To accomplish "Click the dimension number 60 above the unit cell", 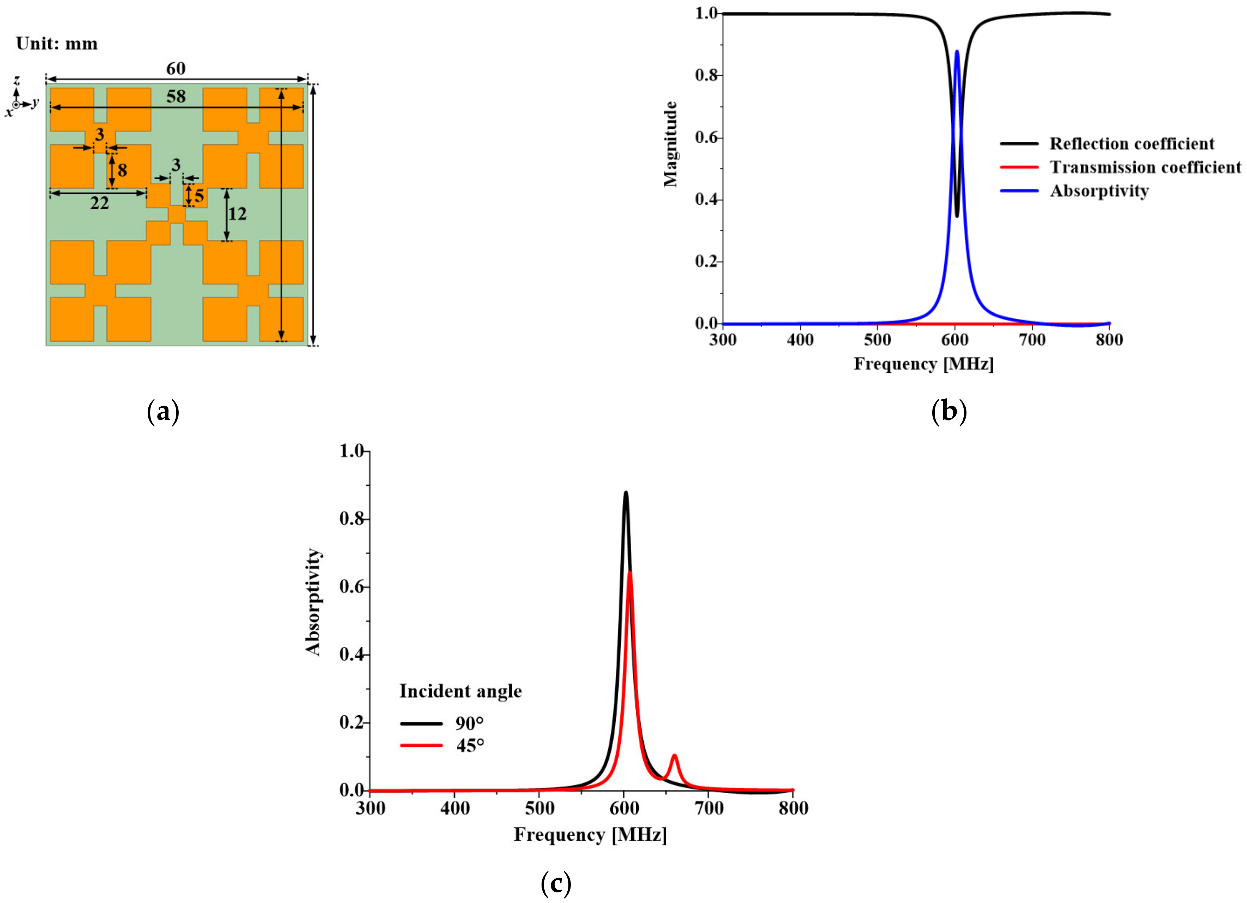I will (x=176, y=69).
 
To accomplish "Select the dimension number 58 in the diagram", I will (x=176, y=97).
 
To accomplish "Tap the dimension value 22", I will (x=100, y=203).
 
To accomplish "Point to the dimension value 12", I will (x=237, y=214).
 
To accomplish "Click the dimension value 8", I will (x=122, y=171).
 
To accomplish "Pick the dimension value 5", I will (x=199, y=196).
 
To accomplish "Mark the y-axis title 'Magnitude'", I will (x=671, y=144).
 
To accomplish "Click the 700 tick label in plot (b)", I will (x=1032, y=340).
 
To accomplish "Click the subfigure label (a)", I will (x=163, y=411).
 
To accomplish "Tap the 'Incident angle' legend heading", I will (x=460, y=691).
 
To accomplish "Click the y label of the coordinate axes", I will (x=35, y=102).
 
